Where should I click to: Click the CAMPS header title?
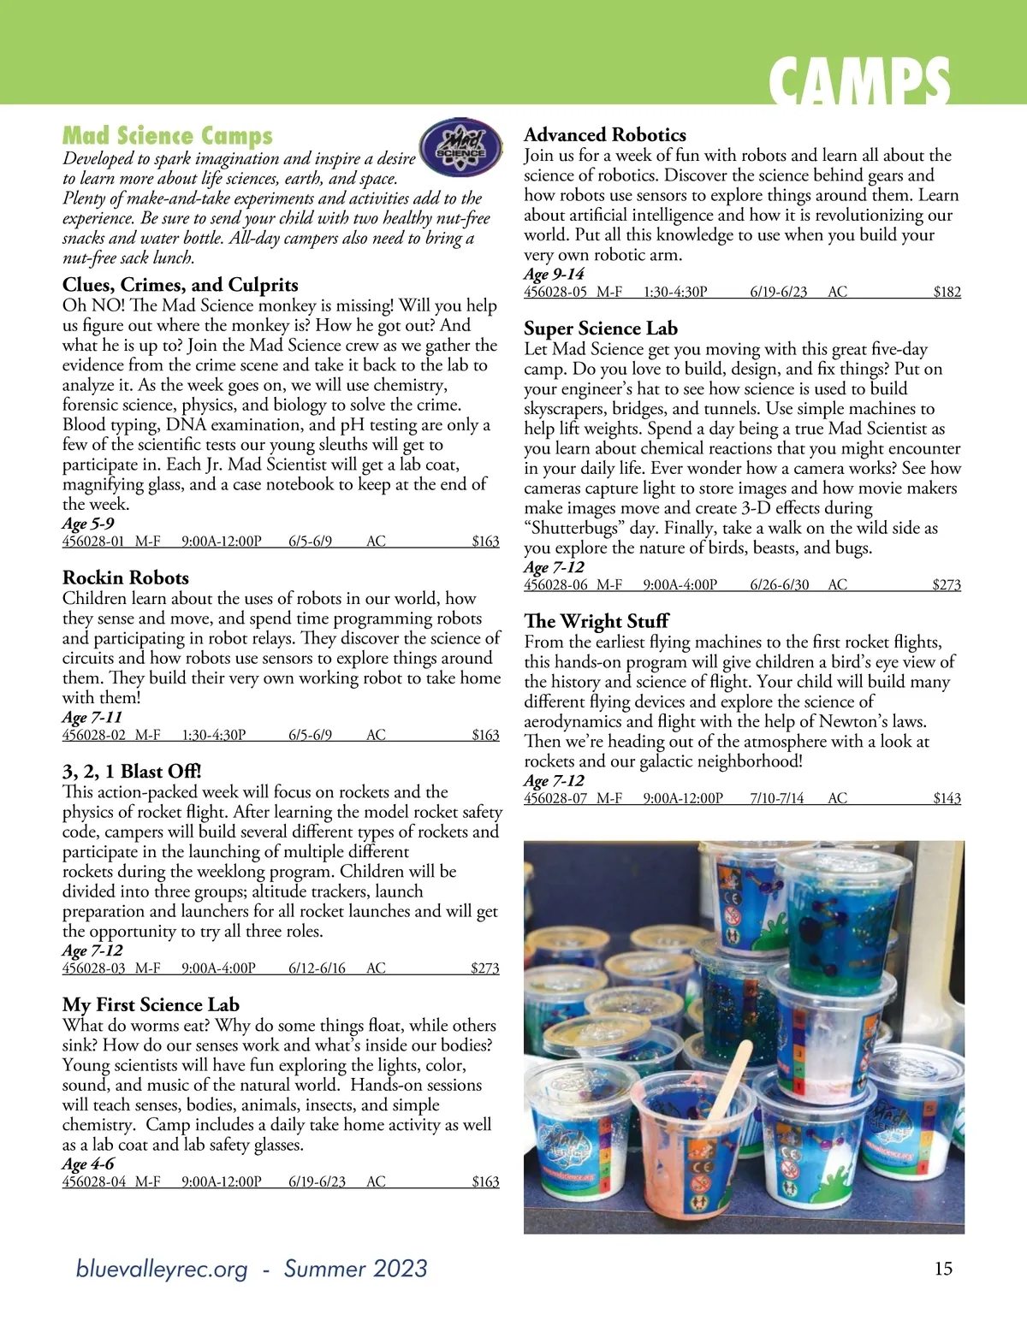858,82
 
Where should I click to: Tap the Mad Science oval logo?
461,149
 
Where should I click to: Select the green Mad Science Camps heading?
168,136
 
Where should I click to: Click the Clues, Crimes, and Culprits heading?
181,285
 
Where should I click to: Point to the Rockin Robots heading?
126,577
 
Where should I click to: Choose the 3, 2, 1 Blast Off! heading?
132,771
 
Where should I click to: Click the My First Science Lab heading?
151,1004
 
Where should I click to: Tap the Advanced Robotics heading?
605,134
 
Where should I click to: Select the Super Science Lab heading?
601,329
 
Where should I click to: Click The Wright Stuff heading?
597,621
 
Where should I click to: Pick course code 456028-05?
555,292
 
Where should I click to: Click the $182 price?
947,292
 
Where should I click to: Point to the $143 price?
947,798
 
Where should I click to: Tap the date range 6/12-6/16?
317,968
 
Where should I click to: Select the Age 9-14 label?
554,274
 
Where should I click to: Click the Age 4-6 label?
88,1163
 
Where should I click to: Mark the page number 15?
942,1269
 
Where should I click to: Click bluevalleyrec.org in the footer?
162,1269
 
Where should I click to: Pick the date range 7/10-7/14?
777,798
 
